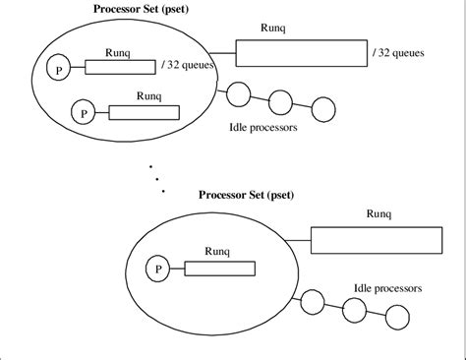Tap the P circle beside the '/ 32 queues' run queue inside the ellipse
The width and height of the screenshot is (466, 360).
(59, 68)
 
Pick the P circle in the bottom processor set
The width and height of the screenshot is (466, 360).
(156, 268)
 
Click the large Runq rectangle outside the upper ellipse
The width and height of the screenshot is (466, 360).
(299, 54)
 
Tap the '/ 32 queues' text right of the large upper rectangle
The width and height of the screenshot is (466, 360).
(399, 52)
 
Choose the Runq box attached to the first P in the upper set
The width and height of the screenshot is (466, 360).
(120, 68)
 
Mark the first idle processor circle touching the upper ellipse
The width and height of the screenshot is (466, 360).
(236, 94)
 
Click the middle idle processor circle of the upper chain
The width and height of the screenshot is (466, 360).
(279, 99)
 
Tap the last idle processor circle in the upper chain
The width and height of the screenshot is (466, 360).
(322, 106)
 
